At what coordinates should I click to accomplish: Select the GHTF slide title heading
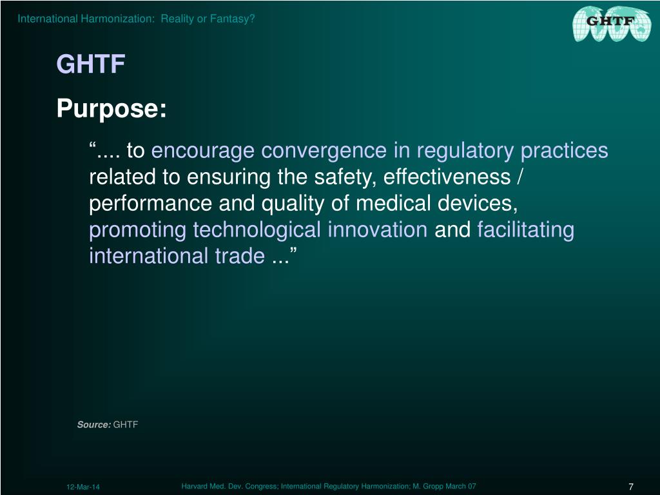[90, 64]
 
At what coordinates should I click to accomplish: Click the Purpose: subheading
[112, 109]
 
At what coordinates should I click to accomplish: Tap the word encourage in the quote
[203, 151]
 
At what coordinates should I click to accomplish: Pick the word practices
[564, 151]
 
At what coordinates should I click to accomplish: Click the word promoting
[138, 230]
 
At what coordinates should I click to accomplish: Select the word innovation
[378, 230]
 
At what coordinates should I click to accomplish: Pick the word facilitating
[525, 230]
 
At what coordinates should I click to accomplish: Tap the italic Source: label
[94, 425]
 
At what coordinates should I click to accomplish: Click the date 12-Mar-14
[83, 487]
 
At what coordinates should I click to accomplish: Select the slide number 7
[631, 487]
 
